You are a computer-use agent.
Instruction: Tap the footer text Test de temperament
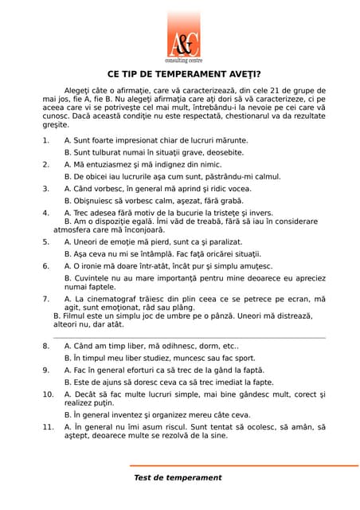click(178, 477)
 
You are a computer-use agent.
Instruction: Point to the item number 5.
click(45, 241)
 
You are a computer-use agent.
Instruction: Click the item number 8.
click(45, 347)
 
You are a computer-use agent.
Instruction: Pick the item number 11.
click(47, 427)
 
